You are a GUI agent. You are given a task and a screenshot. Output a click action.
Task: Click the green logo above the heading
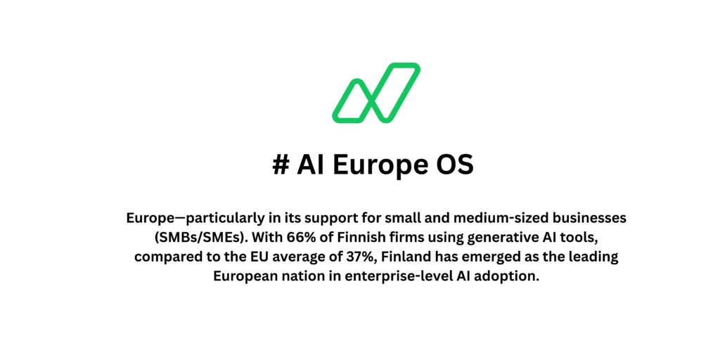376,92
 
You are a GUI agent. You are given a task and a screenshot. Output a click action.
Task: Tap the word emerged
486,257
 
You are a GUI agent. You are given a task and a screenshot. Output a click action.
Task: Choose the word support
326,218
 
